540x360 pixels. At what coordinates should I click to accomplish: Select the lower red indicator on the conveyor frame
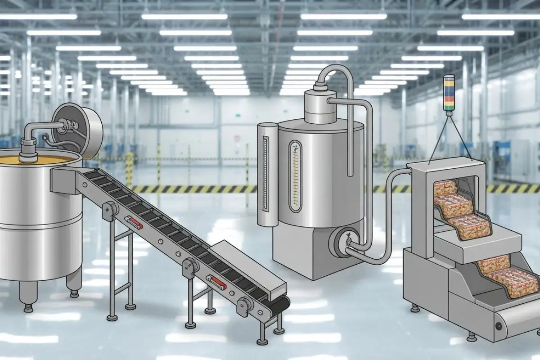[217, 283]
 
